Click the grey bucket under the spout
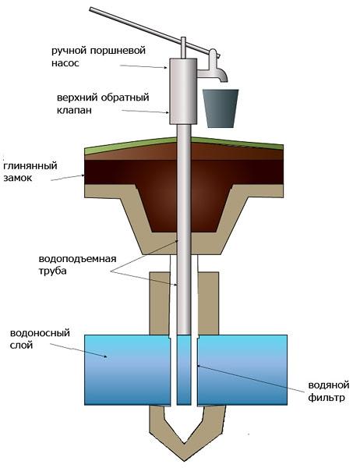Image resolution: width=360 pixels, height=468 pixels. click(221, 108)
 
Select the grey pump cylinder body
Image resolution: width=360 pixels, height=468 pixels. click(183, 91)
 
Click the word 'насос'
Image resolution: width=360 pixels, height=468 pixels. click(65, 63)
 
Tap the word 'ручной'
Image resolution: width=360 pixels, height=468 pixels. click(69, 51)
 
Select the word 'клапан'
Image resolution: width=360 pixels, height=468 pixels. click(74, 110)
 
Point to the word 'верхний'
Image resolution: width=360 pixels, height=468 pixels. click(76, 97)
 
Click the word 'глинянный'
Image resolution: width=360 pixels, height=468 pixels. click(30, 166)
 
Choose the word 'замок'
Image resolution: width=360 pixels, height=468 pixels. click(17, 178)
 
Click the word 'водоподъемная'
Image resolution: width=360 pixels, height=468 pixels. click(77, 258)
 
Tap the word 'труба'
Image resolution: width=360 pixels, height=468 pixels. click(52, 271)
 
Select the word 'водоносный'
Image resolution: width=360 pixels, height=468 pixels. click(40, 333)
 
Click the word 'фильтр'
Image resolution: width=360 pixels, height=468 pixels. click(326, 398)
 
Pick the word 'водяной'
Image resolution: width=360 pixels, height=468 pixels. click(328, 385)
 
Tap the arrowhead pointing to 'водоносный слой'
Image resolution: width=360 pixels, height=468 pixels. click(105, 356)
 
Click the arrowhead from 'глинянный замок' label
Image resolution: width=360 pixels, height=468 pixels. click(83, 175)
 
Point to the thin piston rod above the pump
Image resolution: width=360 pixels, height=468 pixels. click(183, 48)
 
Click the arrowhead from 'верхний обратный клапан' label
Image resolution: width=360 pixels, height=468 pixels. click(168, 112)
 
